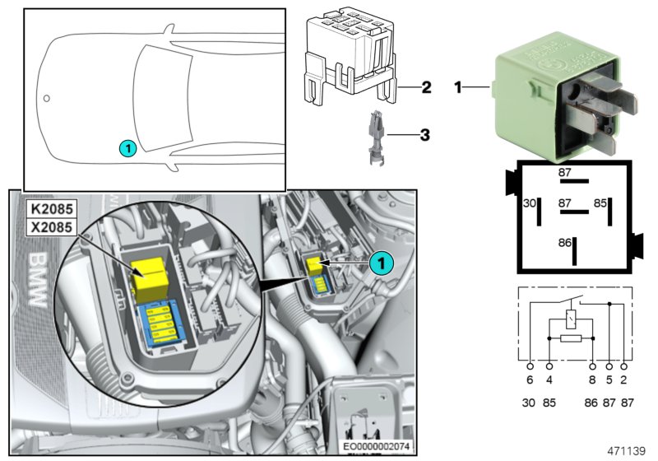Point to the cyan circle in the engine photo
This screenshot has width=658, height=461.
point(379,262)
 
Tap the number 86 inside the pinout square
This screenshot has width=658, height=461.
point(564,244)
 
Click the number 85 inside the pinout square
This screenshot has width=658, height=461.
point(600,202)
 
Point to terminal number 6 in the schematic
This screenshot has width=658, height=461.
point(529,380)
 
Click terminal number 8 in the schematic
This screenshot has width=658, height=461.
point(592,380)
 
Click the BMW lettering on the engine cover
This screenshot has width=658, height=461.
point(35,280)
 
